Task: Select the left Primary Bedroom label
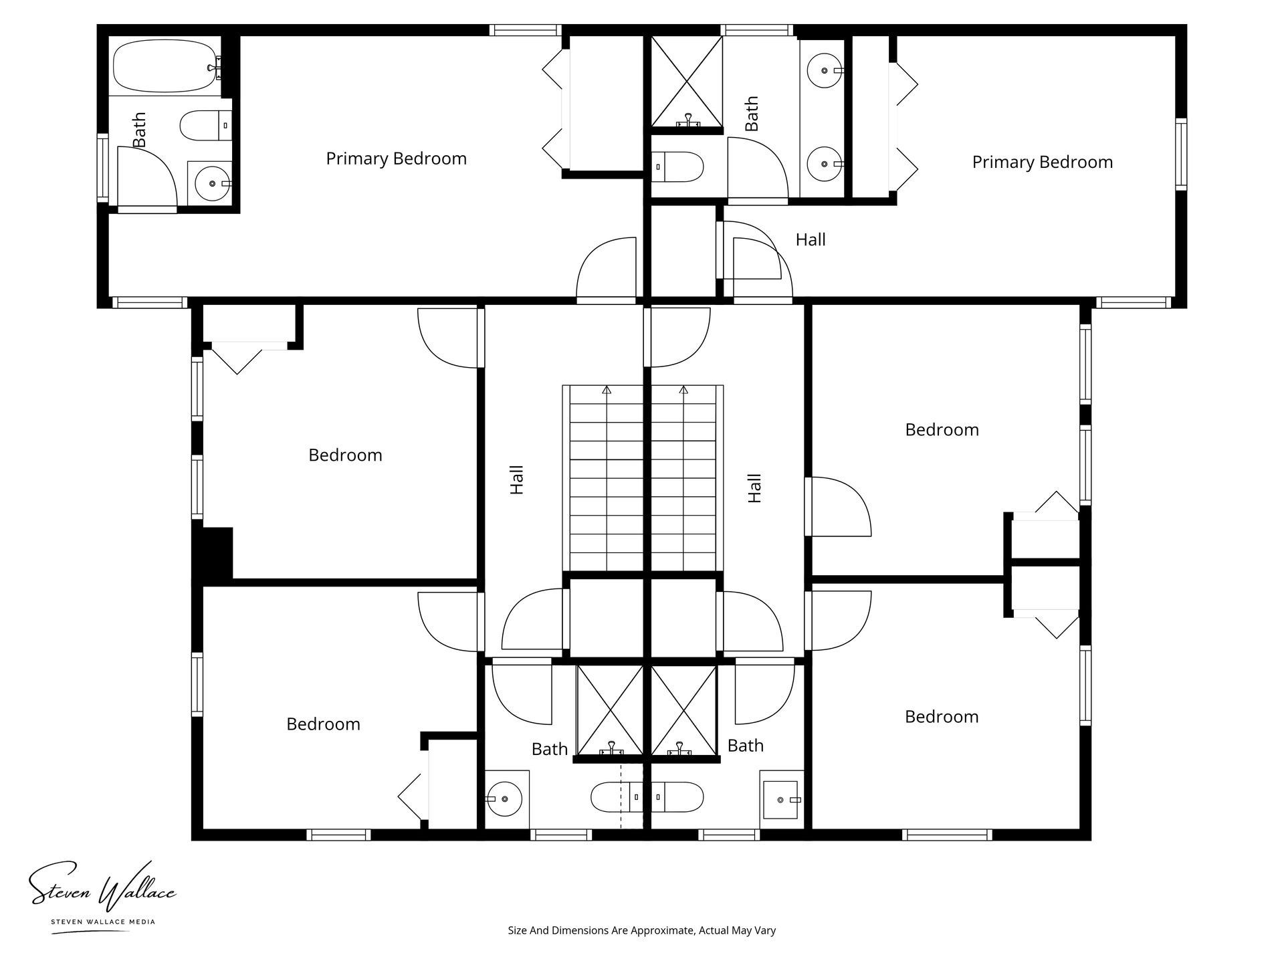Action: (396, 159)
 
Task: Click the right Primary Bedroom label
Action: (1042, 163)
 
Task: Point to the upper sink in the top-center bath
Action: (825, 70)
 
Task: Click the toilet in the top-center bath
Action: (677, 166)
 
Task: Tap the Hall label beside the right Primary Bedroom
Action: (811, 239)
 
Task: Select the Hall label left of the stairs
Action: (517, 479)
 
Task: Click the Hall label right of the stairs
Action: (754, 488)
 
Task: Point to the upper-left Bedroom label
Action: (345, 455)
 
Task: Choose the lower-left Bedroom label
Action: (323, 724)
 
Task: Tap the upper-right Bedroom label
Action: (942, 430)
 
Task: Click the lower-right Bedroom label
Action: (942, 717)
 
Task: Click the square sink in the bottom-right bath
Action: (781, 799)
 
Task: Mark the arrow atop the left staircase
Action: (607, 389)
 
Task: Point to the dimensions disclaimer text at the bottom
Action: (641, 930)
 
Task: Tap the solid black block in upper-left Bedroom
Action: (213, 552)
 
